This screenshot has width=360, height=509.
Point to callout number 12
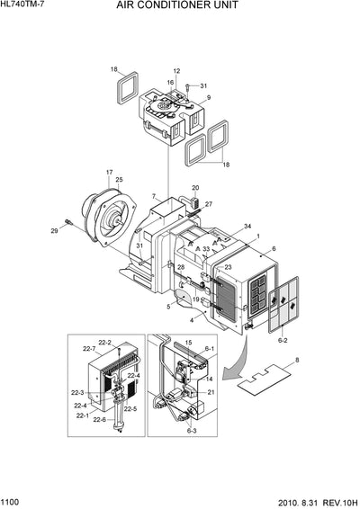tap(176, 71)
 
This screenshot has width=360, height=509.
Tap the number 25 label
tap(119, 181)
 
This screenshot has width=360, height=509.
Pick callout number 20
tap(195, 188)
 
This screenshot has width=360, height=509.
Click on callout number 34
tap(247, 227)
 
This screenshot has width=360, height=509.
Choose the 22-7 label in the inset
tap(89, 348)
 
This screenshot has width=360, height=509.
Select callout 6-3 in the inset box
tap(192, 431)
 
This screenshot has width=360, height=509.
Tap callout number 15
tap(188, 343)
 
